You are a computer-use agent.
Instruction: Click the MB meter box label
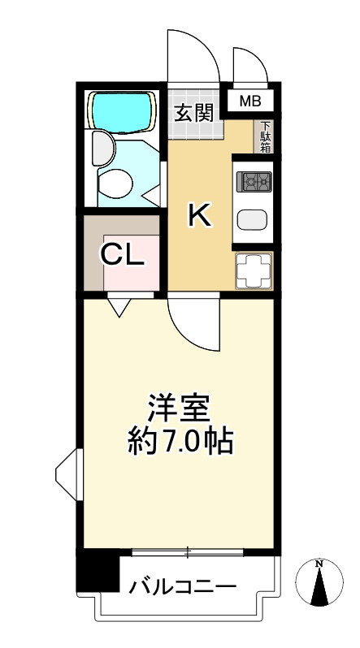tap(251, 102)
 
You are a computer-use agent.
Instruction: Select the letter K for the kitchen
tap(199, 216)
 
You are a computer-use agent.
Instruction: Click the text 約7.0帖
tap(180, 442)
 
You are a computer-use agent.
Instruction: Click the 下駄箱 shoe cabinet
tap(265, 136)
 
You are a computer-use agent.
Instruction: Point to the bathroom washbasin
tap(101, 149)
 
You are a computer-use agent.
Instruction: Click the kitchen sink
tap(253, 220)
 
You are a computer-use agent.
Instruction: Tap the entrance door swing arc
tap(193, 57)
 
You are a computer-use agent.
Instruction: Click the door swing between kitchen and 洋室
tap(193, 323)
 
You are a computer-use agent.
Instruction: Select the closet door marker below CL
tap(119, 306)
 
